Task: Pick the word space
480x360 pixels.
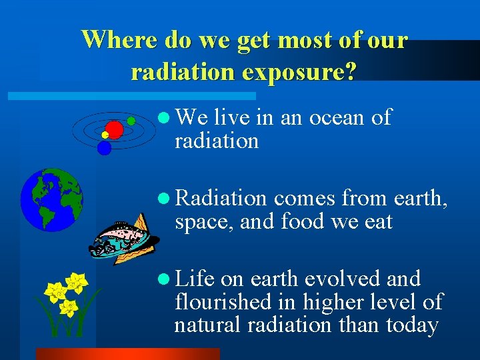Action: tap(201, 222)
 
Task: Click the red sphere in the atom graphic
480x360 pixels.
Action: tap(115, 129)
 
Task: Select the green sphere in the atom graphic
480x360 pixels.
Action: tap(131, 121)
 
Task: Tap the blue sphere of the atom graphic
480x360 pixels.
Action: tap(104, 148)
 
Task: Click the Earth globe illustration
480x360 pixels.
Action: tap(51, 199)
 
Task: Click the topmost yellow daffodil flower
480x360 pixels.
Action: tap(77, 283)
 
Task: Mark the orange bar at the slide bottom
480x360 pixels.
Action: tap(127, 354)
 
